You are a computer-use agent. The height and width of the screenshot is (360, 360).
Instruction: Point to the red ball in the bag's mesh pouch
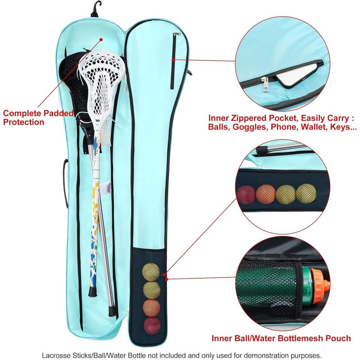pyautogui.click(x=151, y=325)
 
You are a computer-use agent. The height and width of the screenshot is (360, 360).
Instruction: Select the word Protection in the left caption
pyautogui.click(x=24, y=122)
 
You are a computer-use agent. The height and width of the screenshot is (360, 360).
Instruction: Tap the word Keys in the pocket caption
pyautogui.click(x=340, y=127)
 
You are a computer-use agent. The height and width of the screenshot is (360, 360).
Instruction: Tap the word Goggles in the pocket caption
pyautogui.click(x=247, y=127)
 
